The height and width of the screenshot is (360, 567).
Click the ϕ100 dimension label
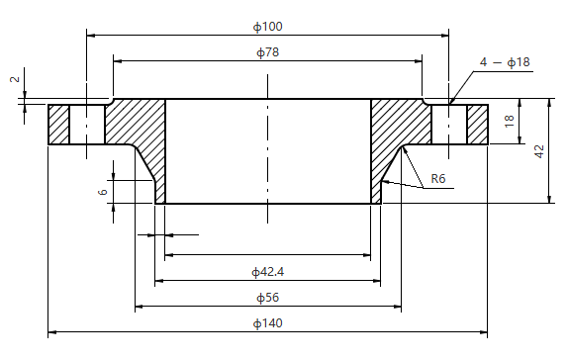[267, 24]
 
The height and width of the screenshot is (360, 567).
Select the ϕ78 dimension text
[267, 51]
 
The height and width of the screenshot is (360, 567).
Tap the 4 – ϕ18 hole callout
[505, 62]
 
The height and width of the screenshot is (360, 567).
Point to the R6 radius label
[438, 179]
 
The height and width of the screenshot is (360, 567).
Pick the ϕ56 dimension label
[267, 297]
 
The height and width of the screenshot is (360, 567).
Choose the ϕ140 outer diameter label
[267, 323]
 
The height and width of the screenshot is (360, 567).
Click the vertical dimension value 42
[539, 150]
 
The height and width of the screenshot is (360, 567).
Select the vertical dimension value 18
[509, 121]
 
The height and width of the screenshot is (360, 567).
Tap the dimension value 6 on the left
[103, 192]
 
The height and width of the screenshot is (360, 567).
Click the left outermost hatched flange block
[58, 125]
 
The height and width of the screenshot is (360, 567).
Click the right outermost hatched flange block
[477, 125]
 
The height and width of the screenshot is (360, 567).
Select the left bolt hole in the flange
[85, 125]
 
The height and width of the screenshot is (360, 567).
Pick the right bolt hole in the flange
[449, 125]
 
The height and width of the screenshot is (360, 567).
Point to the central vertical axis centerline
[268, 148]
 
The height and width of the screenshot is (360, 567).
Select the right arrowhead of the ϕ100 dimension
[444, 35]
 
